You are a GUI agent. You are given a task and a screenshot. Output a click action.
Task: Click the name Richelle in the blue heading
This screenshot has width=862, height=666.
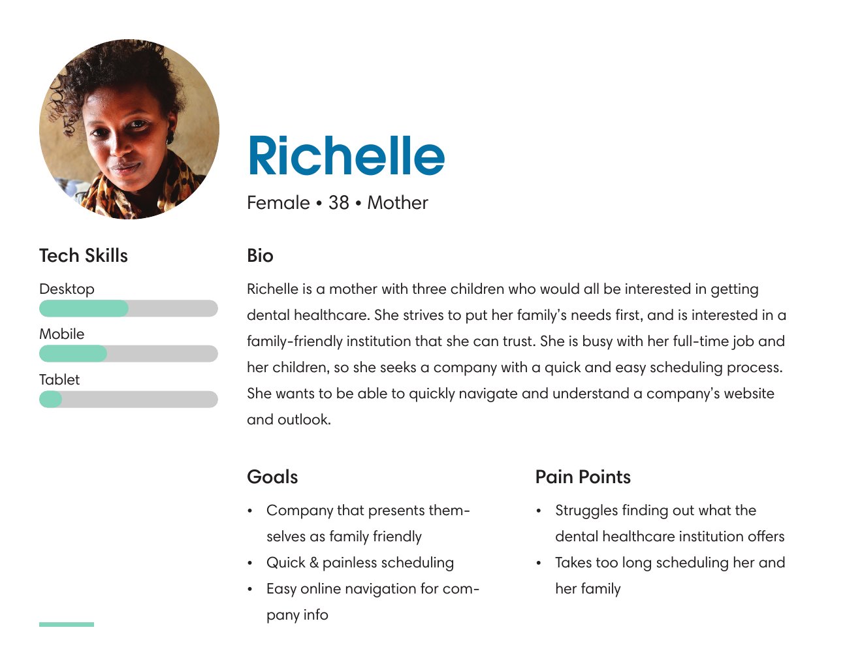tap(346, 155)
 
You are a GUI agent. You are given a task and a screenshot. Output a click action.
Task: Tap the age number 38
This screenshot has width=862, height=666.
tap(338, 202)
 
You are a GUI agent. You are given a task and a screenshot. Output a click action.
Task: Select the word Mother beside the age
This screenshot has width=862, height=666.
tap(398, 202)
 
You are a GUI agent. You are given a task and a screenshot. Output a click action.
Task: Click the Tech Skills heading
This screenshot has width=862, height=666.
tap(84, 255)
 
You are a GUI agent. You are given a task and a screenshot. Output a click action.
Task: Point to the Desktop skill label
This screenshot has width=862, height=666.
tap(67, 289)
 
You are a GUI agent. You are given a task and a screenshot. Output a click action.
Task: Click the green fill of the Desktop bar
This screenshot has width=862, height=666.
tap(84, 309)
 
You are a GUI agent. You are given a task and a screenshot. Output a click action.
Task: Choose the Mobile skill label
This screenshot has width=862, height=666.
tap(61, 334)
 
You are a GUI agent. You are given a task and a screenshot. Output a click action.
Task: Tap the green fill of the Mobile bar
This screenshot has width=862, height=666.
tap(73, 353)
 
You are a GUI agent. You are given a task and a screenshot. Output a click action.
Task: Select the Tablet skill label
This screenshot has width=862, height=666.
tap(59, 379)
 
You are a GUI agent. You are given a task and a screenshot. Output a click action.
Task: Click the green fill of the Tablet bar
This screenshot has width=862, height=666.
tap(50, 399)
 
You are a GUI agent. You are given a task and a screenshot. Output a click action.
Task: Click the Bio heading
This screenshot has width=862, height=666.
tap(260, 255)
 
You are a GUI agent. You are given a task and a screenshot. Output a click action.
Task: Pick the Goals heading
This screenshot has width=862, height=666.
tap(272, 477)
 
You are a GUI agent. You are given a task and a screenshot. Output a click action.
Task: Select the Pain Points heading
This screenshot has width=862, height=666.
tap(583, 477)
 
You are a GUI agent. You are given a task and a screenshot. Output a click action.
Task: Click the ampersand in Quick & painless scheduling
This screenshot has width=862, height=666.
tap(313, 562)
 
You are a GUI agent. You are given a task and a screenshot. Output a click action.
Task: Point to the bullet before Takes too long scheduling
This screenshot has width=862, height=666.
tap(538, 563)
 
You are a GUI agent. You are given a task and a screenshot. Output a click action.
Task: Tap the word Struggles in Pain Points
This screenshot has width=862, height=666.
tap(586, 511)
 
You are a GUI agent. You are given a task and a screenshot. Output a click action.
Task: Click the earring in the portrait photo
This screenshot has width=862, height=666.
tap(170, 137)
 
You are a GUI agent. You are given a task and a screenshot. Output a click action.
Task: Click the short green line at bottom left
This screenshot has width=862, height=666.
tap(67, 624)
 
